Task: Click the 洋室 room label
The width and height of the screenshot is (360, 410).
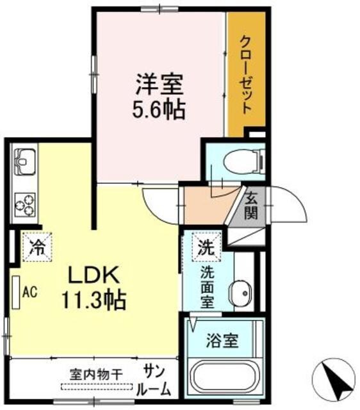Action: (x=159, y=84)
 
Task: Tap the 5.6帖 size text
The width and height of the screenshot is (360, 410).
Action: (x=159, y=110)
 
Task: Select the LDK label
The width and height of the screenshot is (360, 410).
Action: (x=94, y=275)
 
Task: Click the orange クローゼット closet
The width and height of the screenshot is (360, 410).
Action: (x=246, y=74)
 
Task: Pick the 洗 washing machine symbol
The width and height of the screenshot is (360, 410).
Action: (x=205, y=245)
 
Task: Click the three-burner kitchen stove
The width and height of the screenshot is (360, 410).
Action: (x=25, y=202)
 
